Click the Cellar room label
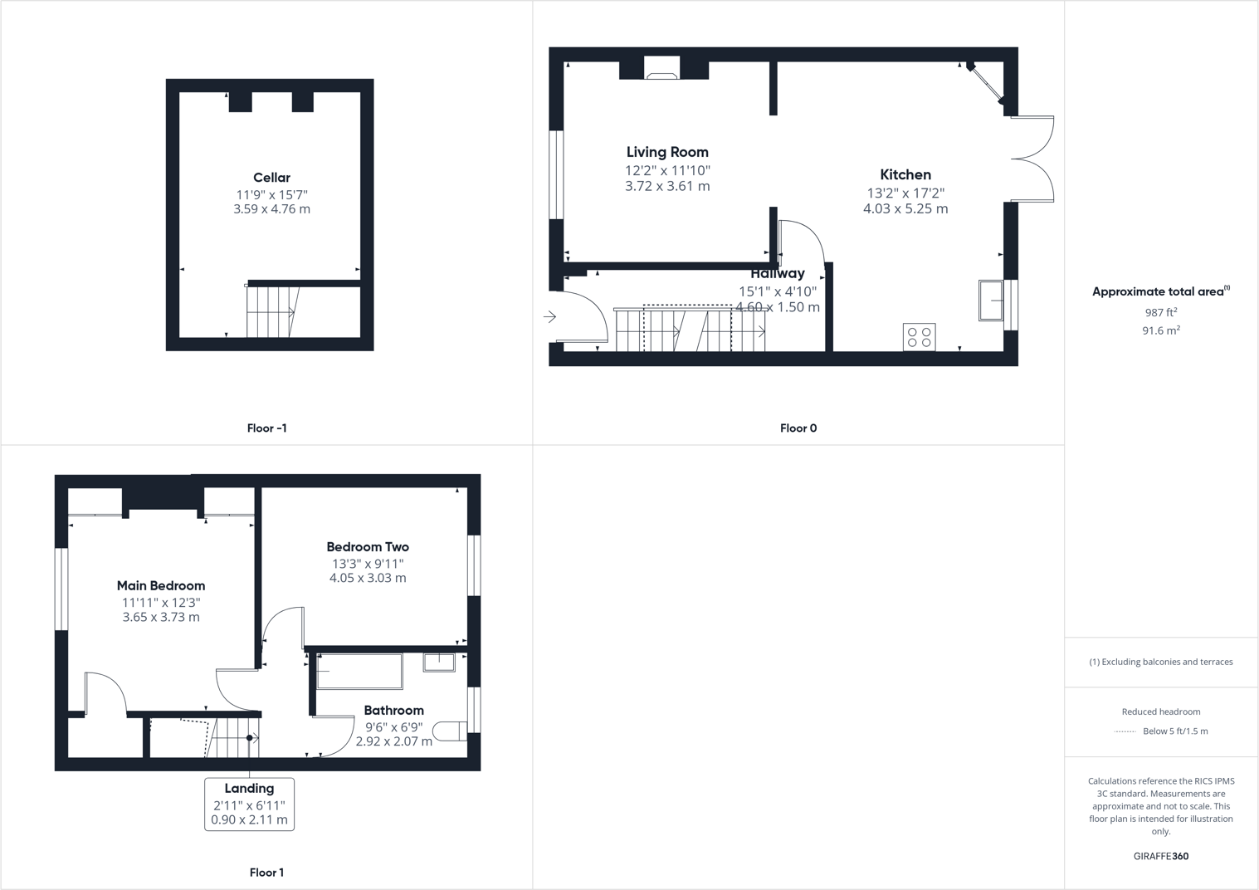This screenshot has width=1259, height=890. coord(271,178)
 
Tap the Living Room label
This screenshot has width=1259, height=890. coord(667,152)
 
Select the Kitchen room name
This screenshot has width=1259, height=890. coord(905,174)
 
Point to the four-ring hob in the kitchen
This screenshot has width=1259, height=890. coord(919,337)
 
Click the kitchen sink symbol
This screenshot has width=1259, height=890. coord(991,301)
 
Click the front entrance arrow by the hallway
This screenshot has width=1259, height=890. coord(549,316)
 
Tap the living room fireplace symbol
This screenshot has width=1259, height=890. coord(662,69)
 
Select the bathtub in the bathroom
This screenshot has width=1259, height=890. coord(359,672)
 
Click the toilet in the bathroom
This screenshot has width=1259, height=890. coord(451,731)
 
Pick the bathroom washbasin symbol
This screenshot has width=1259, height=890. coord(439,662)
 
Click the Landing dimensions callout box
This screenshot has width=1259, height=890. coord(249,804)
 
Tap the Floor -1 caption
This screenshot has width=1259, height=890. coord(266,428)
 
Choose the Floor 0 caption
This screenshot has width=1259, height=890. coord(798,428)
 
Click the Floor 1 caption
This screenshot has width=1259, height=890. coord(266,873)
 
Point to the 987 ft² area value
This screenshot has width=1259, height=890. coord(1161,312)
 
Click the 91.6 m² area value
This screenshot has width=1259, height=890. coord(1161,330)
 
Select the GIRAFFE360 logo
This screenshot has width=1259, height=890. coord(1161,856)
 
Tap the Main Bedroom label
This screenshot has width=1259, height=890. coord(161,585)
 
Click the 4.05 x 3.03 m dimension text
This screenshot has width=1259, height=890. coord(368,578)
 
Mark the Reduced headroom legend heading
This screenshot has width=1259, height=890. coord(1161,712)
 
